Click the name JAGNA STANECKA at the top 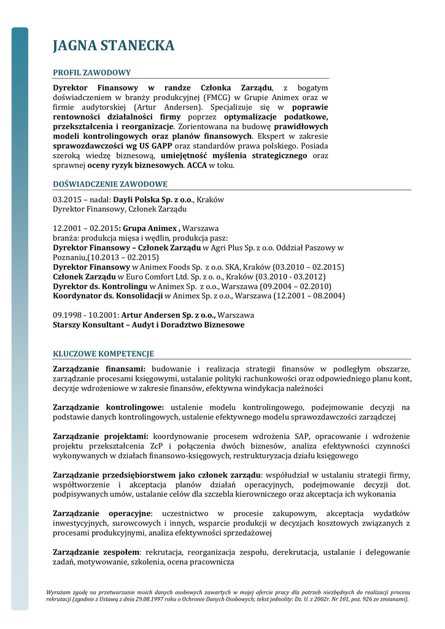[114, 45]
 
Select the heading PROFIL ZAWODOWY [91, 72]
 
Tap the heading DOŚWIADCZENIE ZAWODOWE [110, 184]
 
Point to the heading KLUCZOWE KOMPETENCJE [103, 354]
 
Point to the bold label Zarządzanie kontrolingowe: [109, 407]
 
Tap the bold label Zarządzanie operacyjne [102, 513]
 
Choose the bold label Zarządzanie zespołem [97, 552]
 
